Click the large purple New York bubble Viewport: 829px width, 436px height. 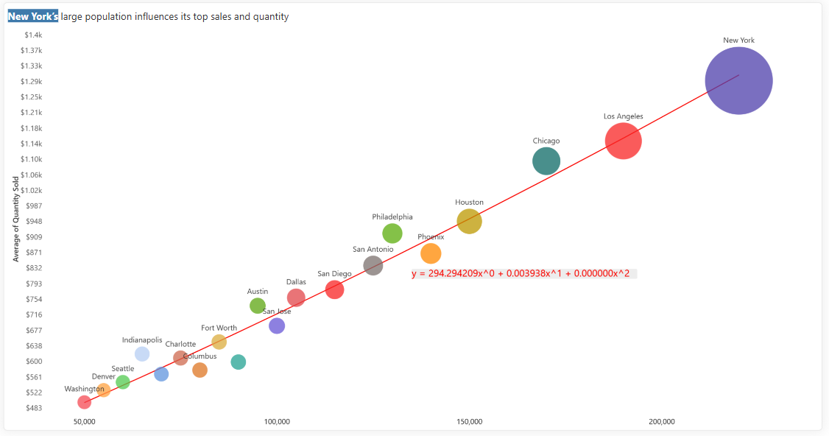[738, 80]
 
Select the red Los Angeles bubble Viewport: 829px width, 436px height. [624, 141]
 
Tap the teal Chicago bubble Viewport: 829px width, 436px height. [546, 161]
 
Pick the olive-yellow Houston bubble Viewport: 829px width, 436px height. [469, 221]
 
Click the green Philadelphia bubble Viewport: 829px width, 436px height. [392, 233]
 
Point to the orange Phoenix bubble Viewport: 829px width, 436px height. [431, 253]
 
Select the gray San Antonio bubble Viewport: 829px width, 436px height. [373, 266]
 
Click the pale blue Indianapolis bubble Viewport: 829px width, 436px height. [142, 354]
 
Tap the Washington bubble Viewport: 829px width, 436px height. [84, 402]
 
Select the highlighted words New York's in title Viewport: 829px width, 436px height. [33, 16]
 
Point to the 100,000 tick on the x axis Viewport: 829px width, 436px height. [277, 422]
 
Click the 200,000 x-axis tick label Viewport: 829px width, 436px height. [662, 422]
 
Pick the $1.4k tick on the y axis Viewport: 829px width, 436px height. [33, 35]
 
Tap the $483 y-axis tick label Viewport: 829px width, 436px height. [34, 408]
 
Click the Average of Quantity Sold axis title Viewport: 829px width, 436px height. [16, 219]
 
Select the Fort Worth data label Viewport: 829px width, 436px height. [219, 328]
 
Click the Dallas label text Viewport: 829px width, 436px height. [296, 282]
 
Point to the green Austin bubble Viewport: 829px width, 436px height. [258, 306]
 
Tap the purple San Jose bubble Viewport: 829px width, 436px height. [277, 326]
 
